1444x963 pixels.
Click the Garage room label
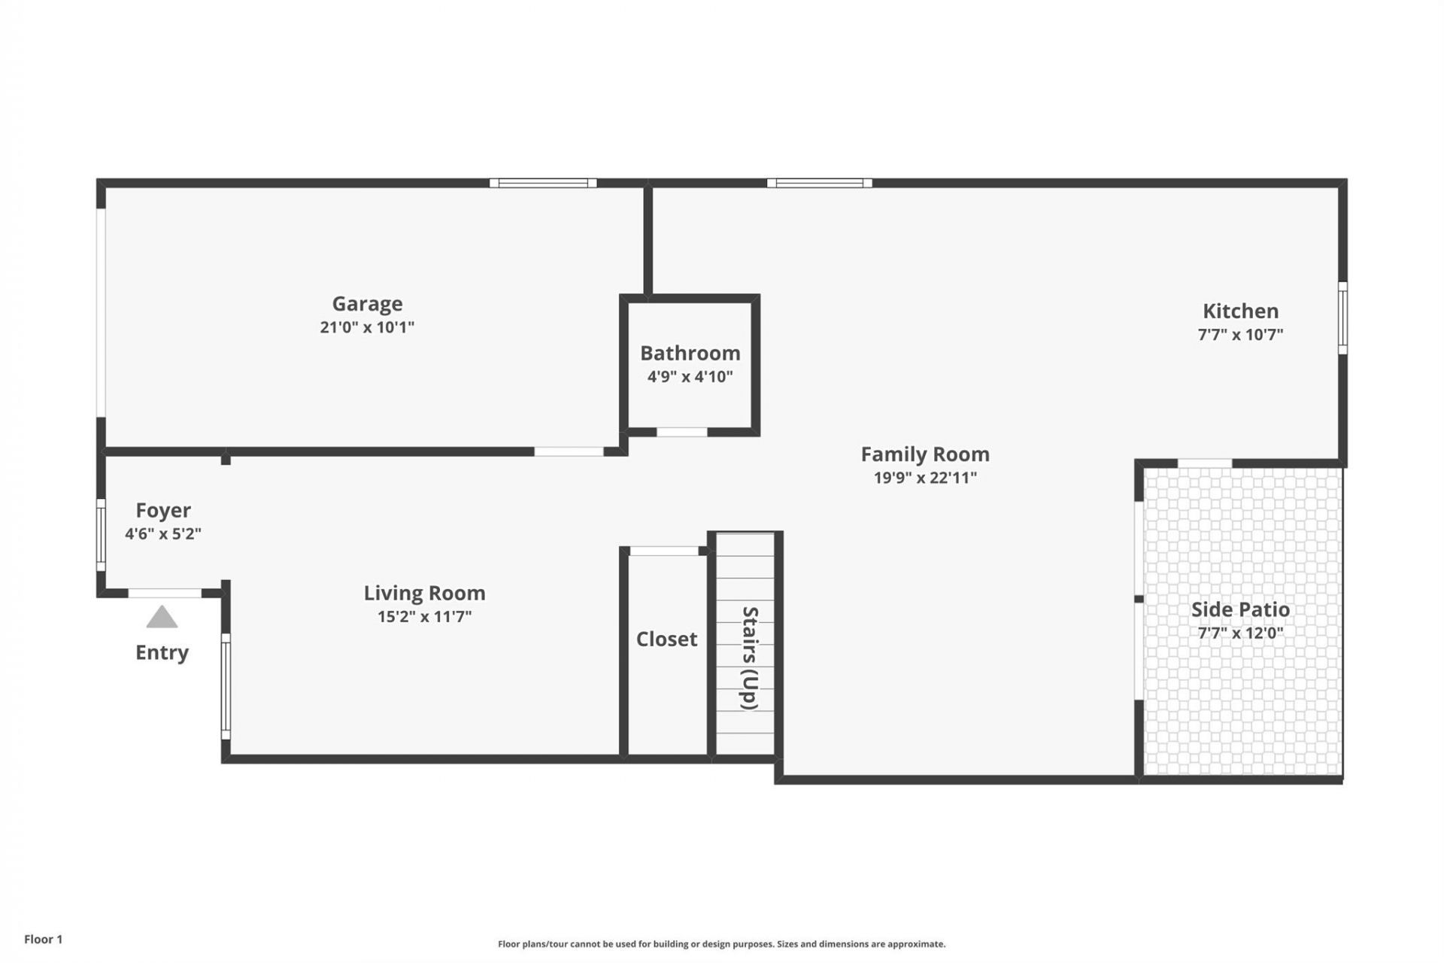[x=367, y=304]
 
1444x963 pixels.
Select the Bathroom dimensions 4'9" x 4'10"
[x=690, y=377]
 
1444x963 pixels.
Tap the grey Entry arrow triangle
[x=162, y=618]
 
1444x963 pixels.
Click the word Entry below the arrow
[x=162, y=652]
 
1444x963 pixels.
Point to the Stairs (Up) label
[x=749, y=658]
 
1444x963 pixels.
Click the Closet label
[x=666, y=639]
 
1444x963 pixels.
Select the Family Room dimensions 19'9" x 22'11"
[x=924, y=478]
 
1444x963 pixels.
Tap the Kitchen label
[x=1239, y=311]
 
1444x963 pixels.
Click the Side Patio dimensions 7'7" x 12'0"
[x=1239, y=633]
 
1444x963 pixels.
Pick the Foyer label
[x=162, y=511]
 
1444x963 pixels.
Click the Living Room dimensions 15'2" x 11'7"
[x=424, y=617]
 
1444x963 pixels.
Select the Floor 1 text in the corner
[x=43, y=939]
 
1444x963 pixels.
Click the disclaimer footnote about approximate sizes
[x=721, y=944]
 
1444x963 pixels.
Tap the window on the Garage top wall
[x=543, y=183]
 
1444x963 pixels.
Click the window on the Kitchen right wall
[x=1342, y=317]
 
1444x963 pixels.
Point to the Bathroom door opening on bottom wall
[x=681, y=432]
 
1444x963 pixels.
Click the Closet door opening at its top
[x=663, y=551]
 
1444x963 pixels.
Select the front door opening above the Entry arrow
[x=165, y=594]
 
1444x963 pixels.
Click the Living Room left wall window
[x=226, y=686]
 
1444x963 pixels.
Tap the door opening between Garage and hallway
[x=569, y=451]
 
